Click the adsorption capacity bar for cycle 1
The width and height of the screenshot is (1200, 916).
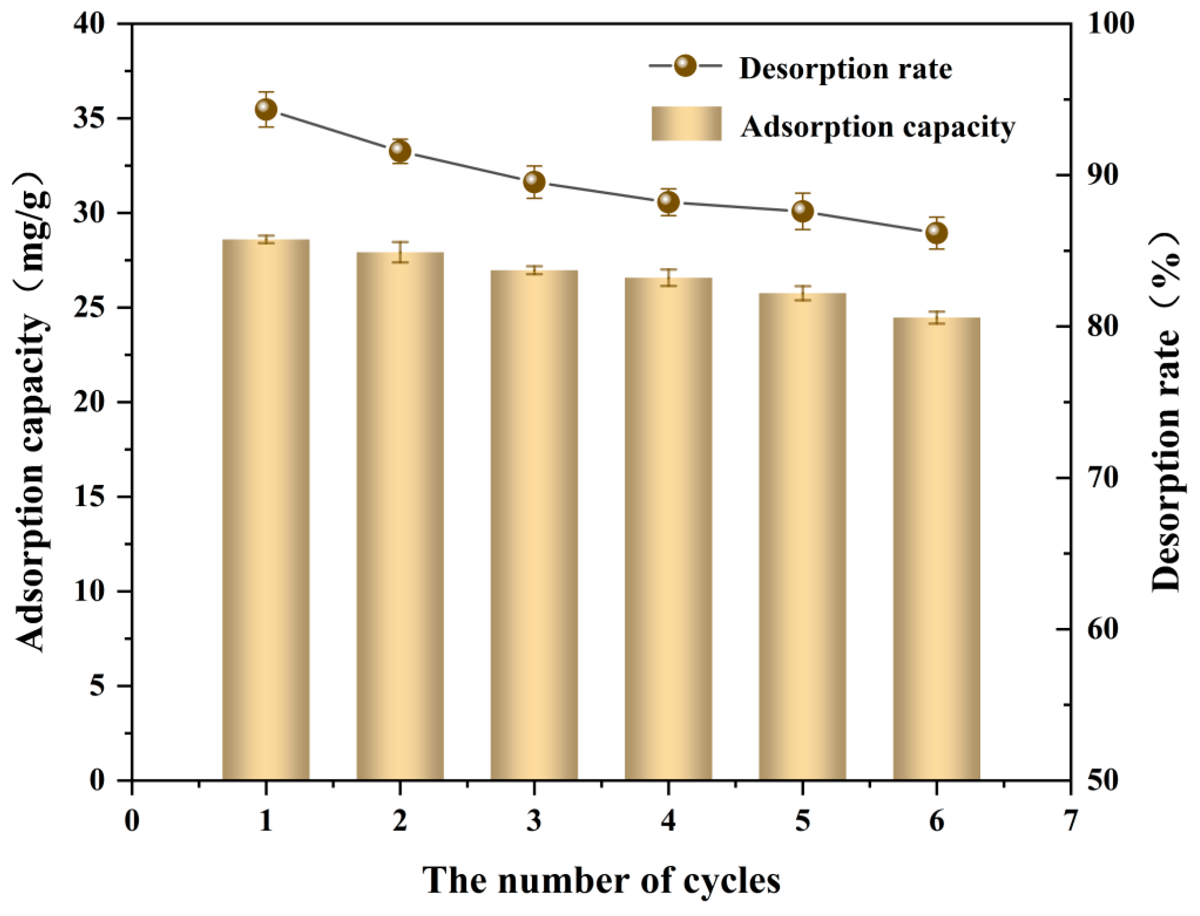[x=266, y=510]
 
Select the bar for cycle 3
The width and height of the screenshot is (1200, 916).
[x=534, y=525]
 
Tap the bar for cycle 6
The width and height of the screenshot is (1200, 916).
[x=936, y=549]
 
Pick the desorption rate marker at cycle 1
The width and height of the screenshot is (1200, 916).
[x=266, y=109]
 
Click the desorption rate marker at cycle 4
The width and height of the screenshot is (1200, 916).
[x=668, y=202]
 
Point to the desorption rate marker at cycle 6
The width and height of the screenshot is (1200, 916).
[x=936, y=233]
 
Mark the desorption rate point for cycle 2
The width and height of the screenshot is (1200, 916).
[x=400, y=152]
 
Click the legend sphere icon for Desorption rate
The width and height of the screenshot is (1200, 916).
[x=685, y=65]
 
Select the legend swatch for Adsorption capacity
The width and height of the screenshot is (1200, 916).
[x=686, y=124]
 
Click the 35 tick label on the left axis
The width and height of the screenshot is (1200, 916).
[x=90, y=118]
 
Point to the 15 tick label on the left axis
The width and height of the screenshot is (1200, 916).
[x=90, y=497]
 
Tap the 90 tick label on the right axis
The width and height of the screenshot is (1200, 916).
[x=1103, y=175]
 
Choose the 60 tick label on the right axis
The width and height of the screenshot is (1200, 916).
[x=1103, y=629]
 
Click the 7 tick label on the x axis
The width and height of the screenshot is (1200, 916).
[x=1071, y=821]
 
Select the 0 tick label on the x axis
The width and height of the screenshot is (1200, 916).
[x=132, y=821]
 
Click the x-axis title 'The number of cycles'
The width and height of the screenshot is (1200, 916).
[x=601, y=880]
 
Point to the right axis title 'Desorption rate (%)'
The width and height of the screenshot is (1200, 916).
[x=1166, y=411]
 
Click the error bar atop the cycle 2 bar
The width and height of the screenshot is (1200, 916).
[x=400, y=252]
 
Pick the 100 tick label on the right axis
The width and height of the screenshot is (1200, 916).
[x=1110, y=24]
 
